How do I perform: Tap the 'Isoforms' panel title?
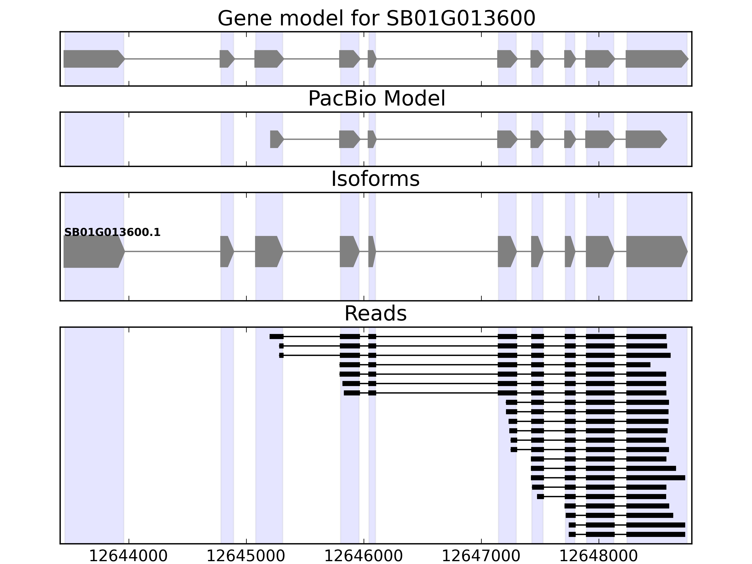tap(375, 179)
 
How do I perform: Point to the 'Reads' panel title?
tap(375, 313)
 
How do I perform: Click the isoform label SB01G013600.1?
tap(112, 233)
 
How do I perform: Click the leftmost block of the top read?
tap(276, 337)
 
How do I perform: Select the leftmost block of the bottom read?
tap(572, 534)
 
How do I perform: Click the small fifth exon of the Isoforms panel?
tap(372, 252)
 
